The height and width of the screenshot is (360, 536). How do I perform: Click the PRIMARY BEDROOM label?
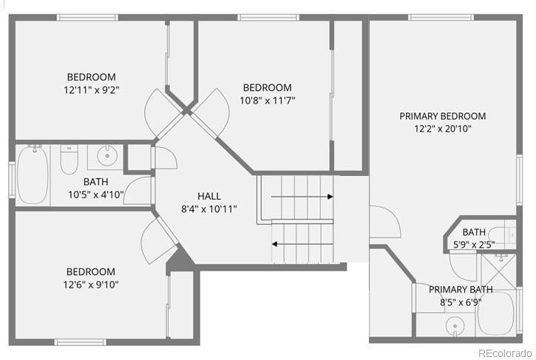click(443, 116)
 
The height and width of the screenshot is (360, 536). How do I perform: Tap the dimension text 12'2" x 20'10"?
click(443, 129)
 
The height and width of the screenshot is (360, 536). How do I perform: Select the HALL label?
click(209, 196)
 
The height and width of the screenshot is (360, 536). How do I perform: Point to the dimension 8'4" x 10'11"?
click(209, 209)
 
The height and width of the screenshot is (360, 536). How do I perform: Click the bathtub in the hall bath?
click(33, 174)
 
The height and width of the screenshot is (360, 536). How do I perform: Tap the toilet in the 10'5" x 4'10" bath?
click(69, 159)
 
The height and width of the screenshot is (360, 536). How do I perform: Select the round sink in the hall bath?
click(107, 155)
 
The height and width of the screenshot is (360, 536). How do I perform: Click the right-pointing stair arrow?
click(302, 197)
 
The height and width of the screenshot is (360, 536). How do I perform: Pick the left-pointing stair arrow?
click(302, 244)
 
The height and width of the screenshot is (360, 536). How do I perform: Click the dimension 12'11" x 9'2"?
click(91, 90)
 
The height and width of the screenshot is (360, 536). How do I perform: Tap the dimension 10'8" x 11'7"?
click(268, 101)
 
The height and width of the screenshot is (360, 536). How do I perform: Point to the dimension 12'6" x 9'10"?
click(91, 285)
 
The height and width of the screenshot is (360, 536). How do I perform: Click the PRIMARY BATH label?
click(461, 290)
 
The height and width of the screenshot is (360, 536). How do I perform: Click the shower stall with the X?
click(499, 271)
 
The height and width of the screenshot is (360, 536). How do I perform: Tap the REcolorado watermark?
click(505, 353)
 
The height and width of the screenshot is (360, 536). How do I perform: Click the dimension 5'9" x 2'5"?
click(474, 245)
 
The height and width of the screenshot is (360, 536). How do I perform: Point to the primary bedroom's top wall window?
click(441, 18)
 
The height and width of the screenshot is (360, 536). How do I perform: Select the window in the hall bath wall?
click(12, 180)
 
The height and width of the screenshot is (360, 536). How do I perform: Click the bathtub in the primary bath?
click(496, 313)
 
